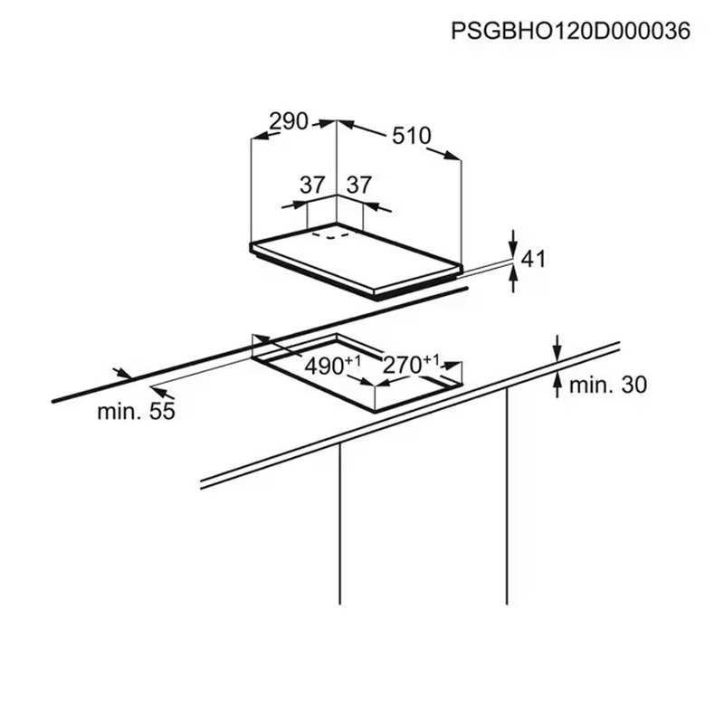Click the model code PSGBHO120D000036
tap(571, 32)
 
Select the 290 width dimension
tap(289, 121)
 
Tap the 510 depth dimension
tap(412, 136)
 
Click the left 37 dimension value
tap(312, 186)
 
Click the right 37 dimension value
tap(359, 186)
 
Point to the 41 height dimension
tap(533, 259)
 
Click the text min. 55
tap(137, 412)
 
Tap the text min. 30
tap(608, 385)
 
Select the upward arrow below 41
tap(513, 280)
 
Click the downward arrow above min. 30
tap(557, 348)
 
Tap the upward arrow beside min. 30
tap(557, 386)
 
